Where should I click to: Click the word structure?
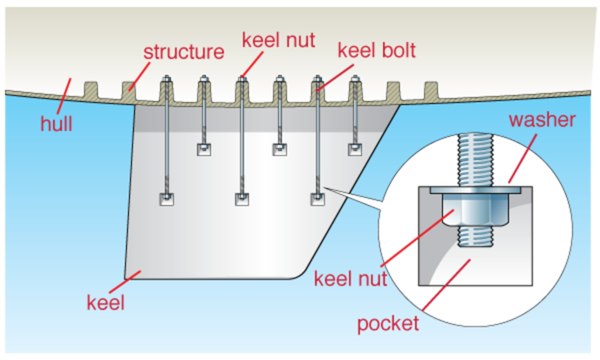[x=184, y=51]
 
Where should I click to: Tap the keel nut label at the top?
[x=278, y=40]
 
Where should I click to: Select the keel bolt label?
[x=377, y=50]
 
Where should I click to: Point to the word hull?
[x=57, y=123]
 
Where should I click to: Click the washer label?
[x=543, y=119]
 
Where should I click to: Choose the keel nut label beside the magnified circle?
[x=350, y=279]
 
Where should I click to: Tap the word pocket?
[x=387, y=323]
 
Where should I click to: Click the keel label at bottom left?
[x=106, y=301]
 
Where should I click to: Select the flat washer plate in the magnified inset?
[x=476, y=190]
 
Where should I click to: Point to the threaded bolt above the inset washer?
[x=476, y=160]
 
